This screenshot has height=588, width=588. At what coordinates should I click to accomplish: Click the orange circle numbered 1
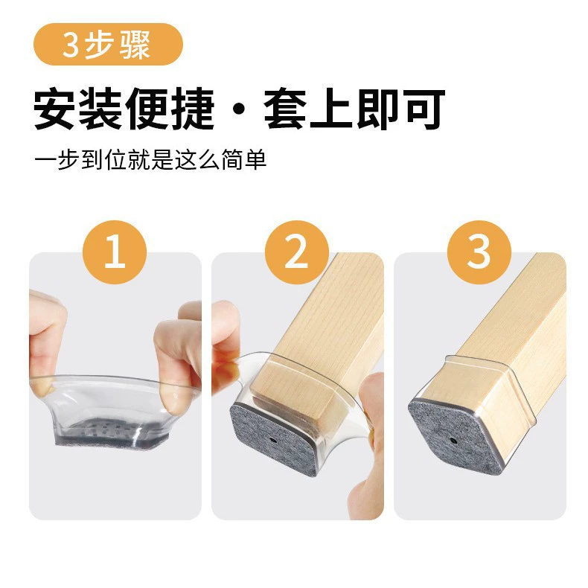(x=115, y=252)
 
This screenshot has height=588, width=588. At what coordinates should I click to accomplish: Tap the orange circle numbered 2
(x=297, y=252)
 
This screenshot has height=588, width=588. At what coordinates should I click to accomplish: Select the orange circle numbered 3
(x=479, y=252)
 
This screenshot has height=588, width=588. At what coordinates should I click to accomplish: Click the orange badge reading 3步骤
(x=109, y=44)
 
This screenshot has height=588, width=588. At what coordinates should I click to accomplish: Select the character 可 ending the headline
(x=424, y=109)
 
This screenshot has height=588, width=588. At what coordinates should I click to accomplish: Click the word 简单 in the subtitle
(x=243, y=160)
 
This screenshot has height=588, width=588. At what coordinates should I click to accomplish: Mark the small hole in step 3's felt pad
(x=453, y=441)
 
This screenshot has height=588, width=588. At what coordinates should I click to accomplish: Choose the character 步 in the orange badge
(x=98, y=44)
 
